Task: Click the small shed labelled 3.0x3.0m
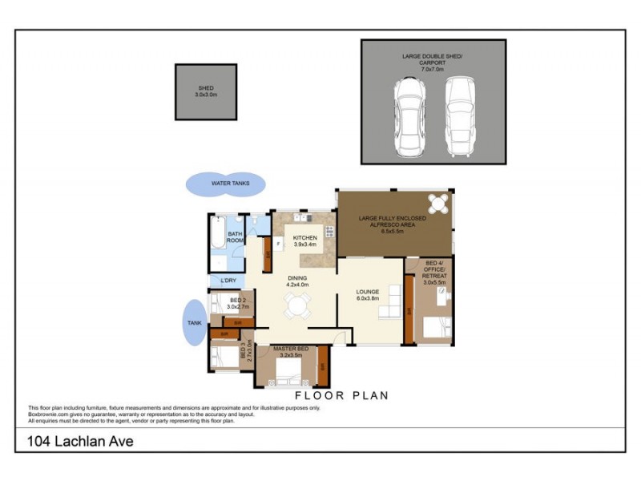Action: (x=206, y=92)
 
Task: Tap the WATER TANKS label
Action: (x=230, y=184)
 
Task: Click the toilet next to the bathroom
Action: (x=254, y=220)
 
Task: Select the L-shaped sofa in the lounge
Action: (x=392, y=302)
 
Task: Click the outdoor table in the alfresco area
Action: (x=437, y=202)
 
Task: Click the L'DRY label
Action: (x=227, y=281)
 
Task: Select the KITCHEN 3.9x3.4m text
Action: (x=305, y=242)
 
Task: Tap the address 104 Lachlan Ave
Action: (x=79, y=441)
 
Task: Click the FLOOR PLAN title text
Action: (x=342, y=395)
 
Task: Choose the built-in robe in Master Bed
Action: (x=322, y=366)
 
